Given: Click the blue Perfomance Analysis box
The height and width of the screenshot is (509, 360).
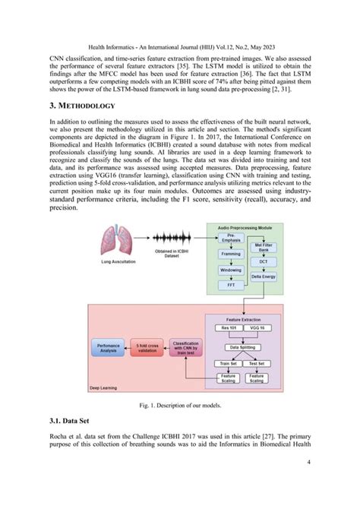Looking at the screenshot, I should click(x=106, y=349).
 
